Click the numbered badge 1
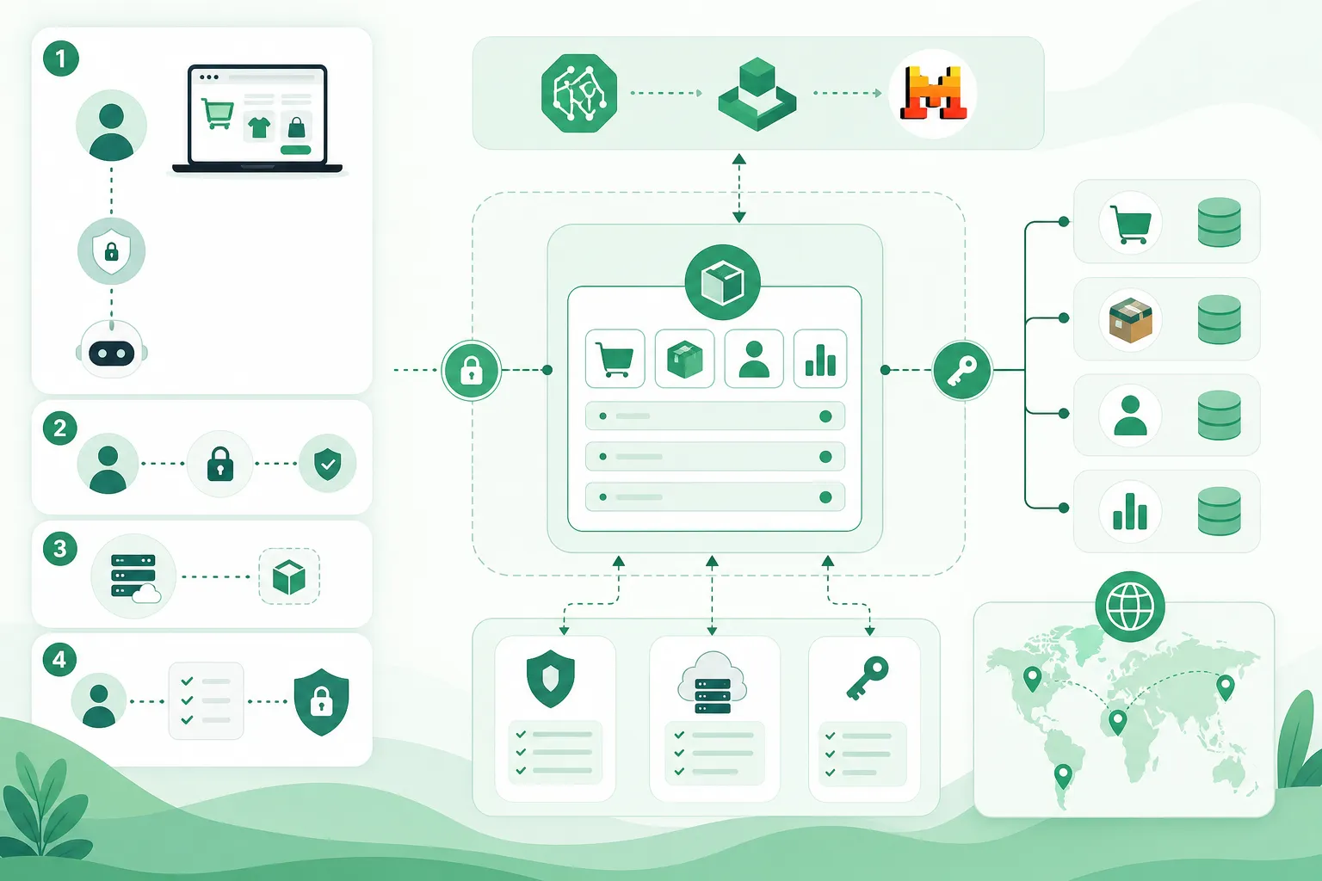coord(61,59)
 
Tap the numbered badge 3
coord(60,549)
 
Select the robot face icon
coord(112,350)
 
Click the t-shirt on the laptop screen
coord(259,126)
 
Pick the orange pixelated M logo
coord(933,93)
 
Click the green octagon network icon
coord(579,93)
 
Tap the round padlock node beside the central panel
coord(471,371)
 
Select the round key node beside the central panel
coord(962,370)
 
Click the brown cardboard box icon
coord(1130,320)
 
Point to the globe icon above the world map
coord(1129,606)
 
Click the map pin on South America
coord(1062,776)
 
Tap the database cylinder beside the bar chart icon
coord(1220,511)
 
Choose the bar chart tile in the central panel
coord(819,359)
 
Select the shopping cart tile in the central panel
coord(615,359)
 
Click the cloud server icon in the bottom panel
coord(713,682)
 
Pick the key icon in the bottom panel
coord(868,677)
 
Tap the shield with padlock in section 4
coord(321,702)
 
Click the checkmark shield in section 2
coord(328,463)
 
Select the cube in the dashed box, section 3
coord(289,576)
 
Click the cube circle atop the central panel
coord(722,282)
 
